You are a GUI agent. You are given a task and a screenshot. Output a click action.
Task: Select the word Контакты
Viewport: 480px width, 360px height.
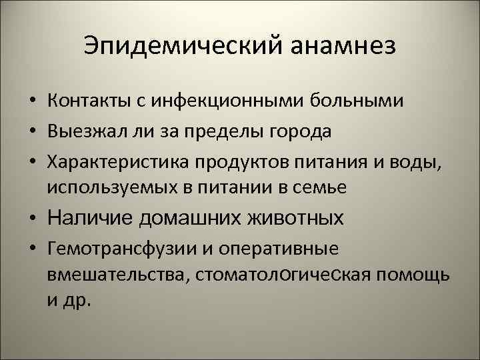coord(89,101)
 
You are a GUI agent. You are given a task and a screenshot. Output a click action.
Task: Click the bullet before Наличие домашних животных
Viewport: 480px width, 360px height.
coord(32,219)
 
